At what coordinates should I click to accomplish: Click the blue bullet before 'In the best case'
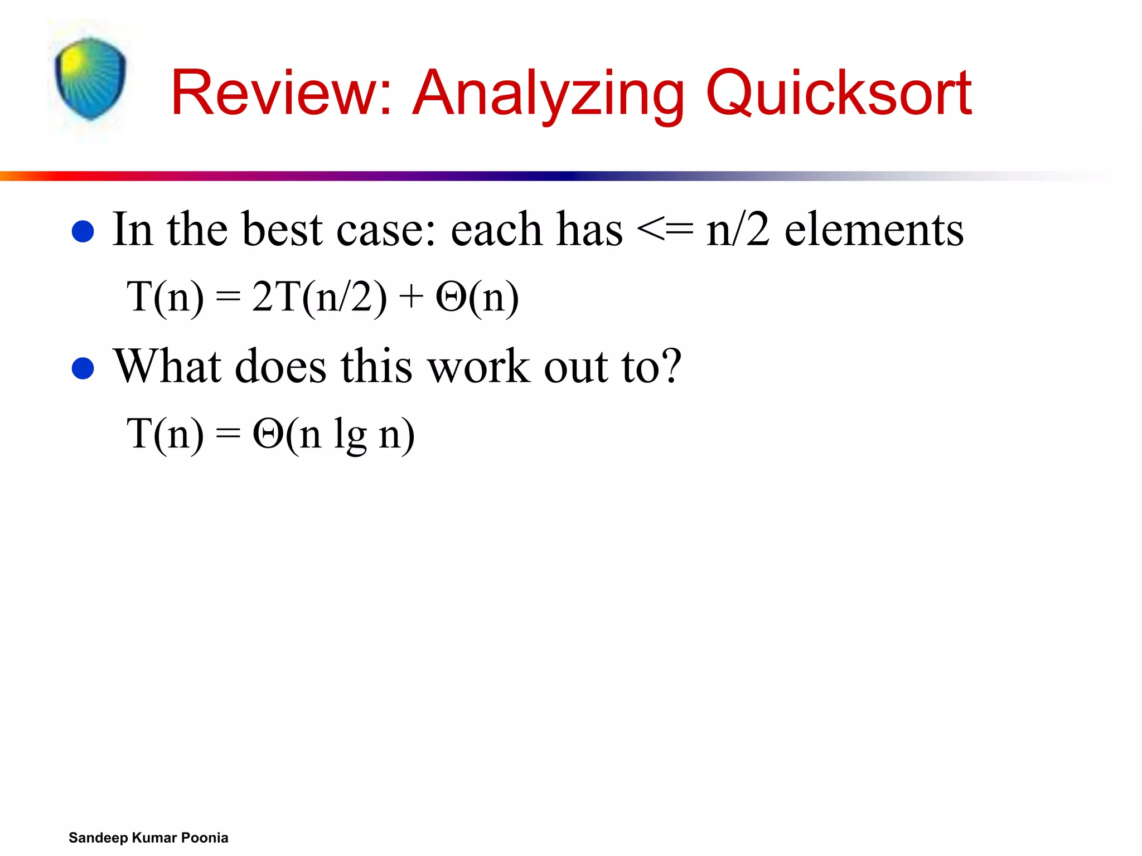(x=83, y=231)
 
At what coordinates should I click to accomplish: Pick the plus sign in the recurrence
(x=411, y=297)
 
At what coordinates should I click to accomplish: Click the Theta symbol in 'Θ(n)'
(x=451, y=296)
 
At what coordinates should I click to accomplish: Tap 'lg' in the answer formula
(x=350, y=435)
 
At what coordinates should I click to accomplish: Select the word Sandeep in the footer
(x=98, y=838)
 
